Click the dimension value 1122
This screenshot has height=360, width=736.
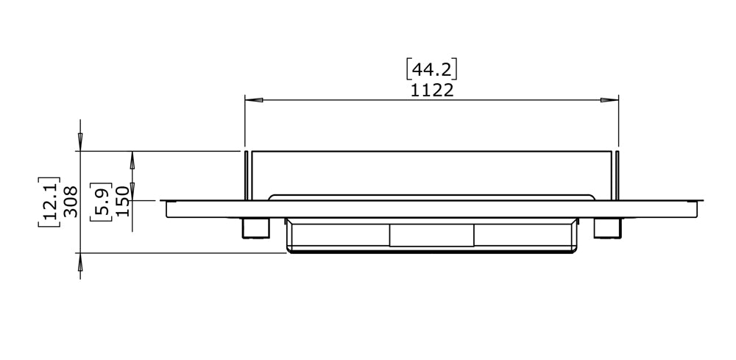point(432,90)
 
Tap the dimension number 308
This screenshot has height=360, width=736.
point(71,201)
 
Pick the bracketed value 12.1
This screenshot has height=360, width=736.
point(49,201)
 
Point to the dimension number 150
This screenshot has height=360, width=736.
point(122,200)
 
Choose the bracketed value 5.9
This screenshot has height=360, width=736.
point(102,200)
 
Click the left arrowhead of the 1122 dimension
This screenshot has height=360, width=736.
point(252,100)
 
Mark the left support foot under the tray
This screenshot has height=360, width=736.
point(254,227)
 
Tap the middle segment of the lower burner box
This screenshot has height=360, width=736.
point(431,235)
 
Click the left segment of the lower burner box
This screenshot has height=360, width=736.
point(339,235)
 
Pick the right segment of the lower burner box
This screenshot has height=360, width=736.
point(524,235)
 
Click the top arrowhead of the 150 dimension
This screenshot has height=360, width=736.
point(132,158)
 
